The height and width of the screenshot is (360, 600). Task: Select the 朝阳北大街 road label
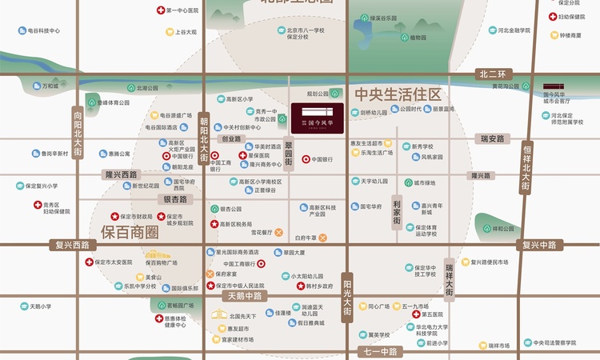point(204,137)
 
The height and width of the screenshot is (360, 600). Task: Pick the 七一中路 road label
point(378,351)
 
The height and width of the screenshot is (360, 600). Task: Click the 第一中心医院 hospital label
point(181,10)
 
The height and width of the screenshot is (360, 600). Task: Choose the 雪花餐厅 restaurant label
point(264,233)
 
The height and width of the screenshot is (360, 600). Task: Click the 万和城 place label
point(50,86)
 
